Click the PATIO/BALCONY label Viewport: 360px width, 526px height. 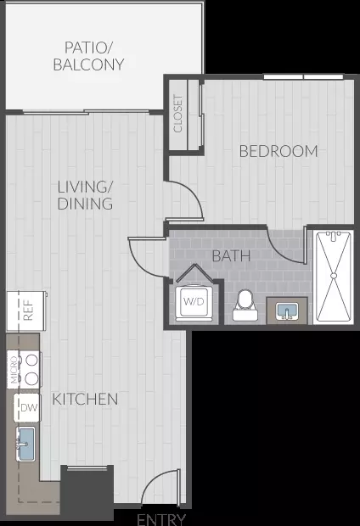click(88, 56)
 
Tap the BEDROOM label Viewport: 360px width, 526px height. click(278, 151)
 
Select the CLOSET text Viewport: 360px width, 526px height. click(178, 113)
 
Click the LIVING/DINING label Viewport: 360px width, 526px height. click(85, 195)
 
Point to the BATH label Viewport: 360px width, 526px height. click(232, 256)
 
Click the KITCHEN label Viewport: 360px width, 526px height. click(85, 400)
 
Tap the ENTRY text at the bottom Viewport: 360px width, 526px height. click(161, 519)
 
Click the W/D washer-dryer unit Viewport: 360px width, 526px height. click(194, 301)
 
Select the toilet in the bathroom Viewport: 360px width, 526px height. click(245, 305)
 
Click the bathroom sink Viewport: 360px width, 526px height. click(287, 311)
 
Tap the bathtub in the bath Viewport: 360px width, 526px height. click(334, 277)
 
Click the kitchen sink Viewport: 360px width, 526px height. click(26, 444)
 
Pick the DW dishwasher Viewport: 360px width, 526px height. click(27, 407)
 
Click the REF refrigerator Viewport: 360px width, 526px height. click(26, 311)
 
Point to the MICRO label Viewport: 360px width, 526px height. click(14, 370)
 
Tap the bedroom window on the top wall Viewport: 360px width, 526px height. click(303, 77)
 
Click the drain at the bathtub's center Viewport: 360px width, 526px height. click(334, 276)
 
